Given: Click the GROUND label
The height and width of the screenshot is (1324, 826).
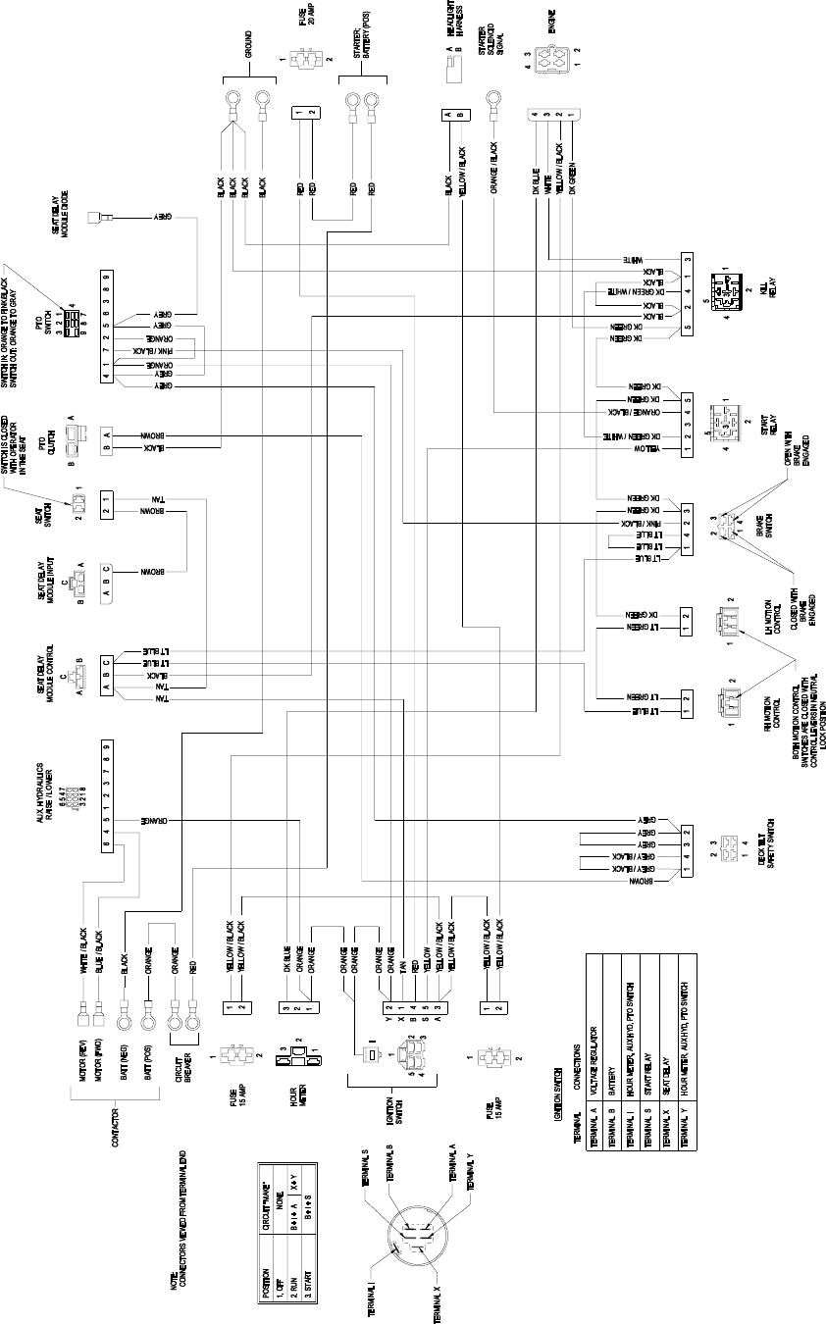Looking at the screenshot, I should (x=248, y=44).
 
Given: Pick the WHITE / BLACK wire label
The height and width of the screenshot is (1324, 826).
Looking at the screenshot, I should (x=83, y=949).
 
